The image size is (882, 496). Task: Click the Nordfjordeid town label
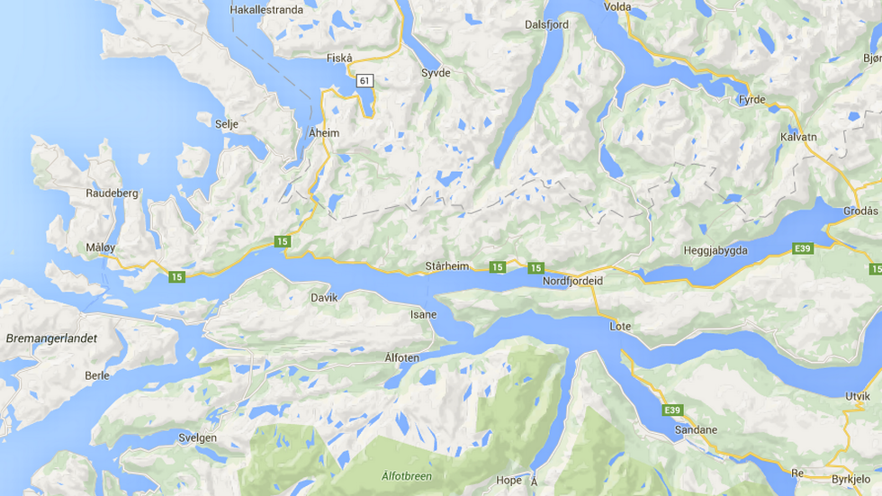coord(572,281)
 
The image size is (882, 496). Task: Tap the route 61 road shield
coord(364,80)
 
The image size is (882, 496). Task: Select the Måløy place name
coord(102,247)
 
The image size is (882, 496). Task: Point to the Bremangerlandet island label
coord(50,338)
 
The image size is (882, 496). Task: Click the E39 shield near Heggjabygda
coord(803,248)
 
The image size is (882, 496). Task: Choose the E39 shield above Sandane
coord(671,410)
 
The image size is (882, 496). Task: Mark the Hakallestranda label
coord(266,10)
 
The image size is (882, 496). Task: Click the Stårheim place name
coord(448,266)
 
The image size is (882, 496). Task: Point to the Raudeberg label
coord(112,193)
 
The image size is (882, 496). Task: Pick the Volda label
coord(617,6)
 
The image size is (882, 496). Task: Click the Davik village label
coord(324,296)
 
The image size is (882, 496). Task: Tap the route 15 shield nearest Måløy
coord(176,276)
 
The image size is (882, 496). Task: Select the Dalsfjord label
coord(546,24)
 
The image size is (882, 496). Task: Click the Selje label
coord(226,124)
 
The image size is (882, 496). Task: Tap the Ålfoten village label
coord(401,357)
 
